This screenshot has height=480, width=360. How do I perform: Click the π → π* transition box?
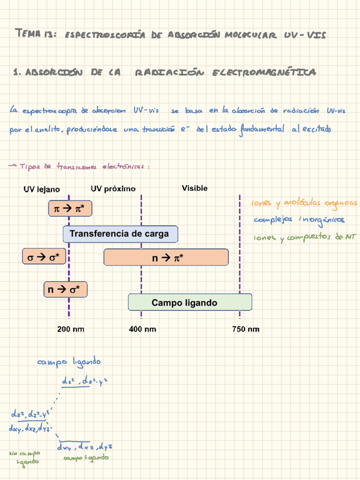coord(69,209)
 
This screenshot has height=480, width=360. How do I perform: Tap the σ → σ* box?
coord(44,258)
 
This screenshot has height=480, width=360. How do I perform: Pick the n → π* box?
coord(165,258)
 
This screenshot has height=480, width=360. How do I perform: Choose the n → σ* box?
coord(65,290)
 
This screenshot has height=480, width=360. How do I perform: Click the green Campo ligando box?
coord(184,303)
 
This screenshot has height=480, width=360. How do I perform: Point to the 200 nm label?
coord(71,329)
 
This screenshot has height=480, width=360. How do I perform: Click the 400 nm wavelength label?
coord(143,329)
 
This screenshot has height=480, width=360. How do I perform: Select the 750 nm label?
coord(246,329)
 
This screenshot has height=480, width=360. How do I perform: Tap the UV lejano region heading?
coord(41,189)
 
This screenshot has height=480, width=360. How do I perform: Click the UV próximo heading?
coord(113,188)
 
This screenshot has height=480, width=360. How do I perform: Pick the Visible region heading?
coord(194,188)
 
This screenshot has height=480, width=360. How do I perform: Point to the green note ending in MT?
coord(304,237)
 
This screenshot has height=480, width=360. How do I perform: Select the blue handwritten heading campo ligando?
coord(69,361)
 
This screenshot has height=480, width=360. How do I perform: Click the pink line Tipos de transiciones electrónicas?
coord(79,166)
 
